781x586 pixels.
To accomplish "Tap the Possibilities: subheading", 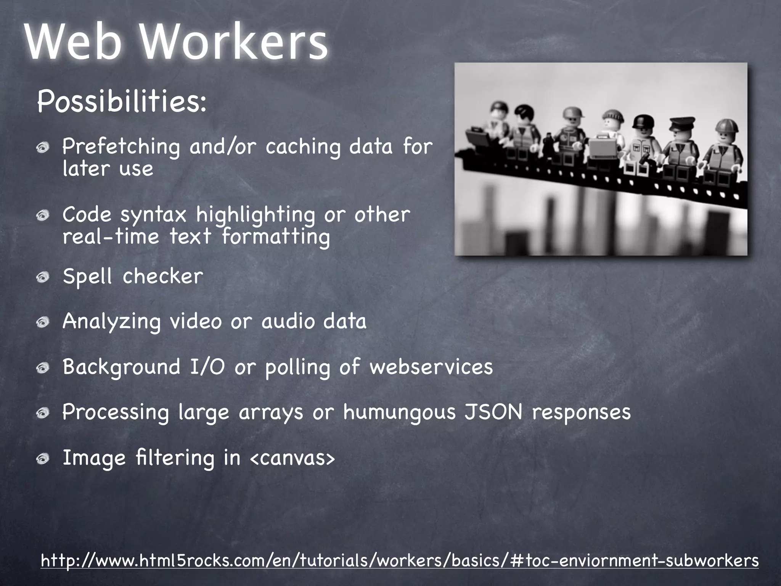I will [122, 102].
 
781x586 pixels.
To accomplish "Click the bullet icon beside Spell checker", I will [43, 277].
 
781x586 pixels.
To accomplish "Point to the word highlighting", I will [256, 215].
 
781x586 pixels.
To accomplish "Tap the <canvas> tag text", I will [292, 458].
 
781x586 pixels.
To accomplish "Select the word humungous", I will [399, 413].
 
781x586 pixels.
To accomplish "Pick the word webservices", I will [431, 367].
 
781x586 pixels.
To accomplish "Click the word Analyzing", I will [111, 322].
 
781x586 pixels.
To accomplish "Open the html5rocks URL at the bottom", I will [399, 561].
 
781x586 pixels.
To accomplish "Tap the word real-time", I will [111, 237].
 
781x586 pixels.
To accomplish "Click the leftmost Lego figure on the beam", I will [496, 130].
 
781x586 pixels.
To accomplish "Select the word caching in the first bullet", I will [303, 147].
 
